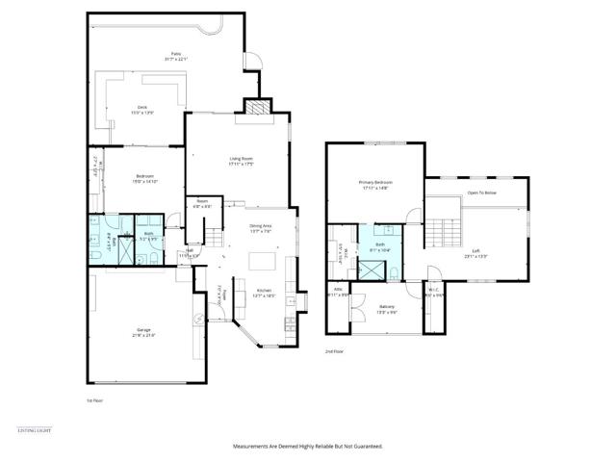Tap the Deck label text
click(x=141, y=109)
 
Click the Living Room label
click(x=241, y=160)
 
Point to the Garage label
click(x=142, y=331)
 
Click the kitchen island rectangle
click(x=261, y=261)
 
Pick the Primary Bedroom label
click(x=375, y=184)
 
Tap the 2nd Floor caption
click(x=334, y=351)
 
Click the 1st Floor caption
click(x=94, y=398)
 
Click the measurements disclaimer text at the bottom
click(x=308, y=446)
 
